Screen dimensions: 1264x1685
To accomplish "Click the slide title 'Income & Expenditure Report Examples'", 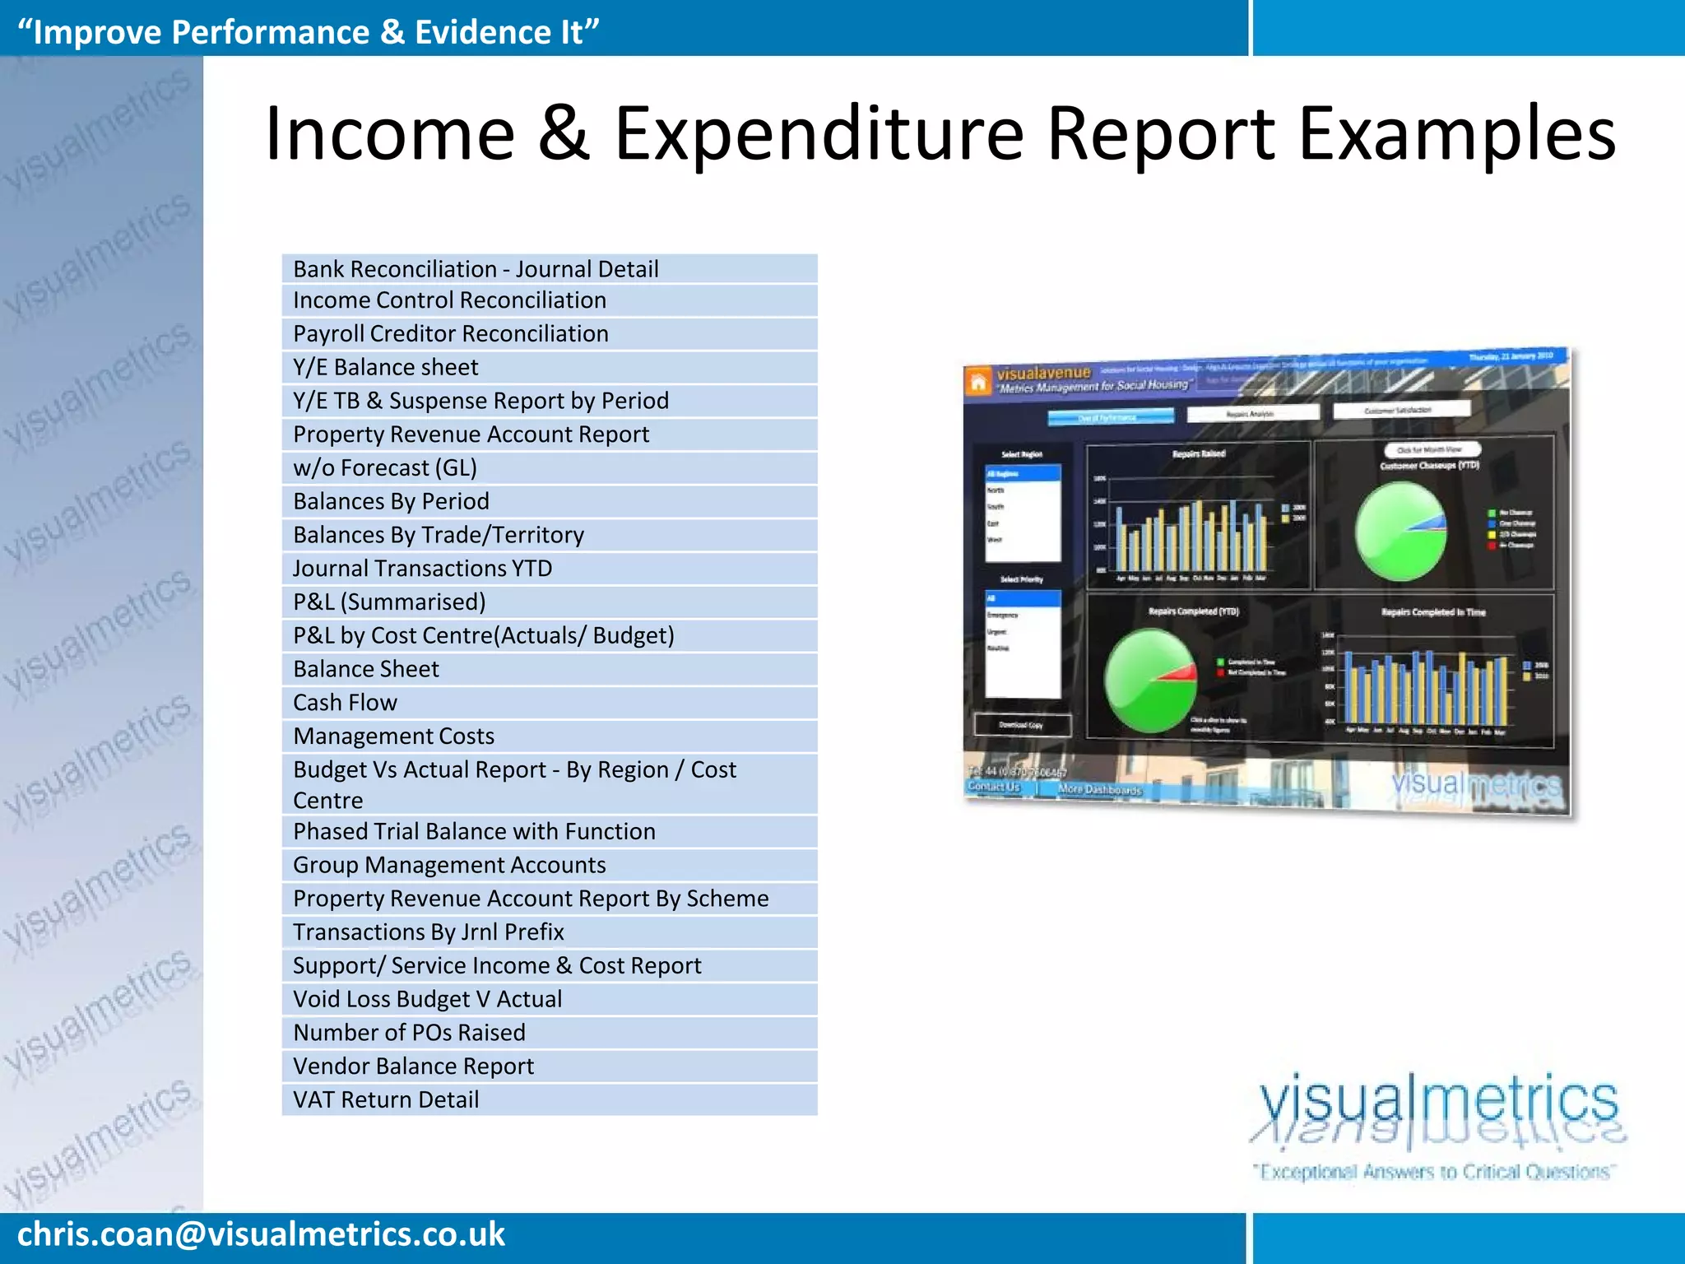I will point(940,133).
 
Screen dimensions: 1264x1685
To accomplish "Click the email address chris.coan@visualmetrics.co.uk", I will point(261,1234).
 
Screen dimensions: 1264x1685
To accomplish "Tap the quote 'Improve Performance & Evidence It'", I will point(308,32).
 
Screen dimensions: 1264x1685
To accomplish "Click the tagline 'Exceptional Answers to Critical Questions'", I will point(1434,1172).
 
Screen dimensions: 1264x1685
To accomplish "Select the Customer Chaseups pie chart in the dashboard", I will point(1400,531).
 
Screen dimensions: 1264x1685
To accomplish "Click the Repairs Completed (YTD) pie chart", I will point(1150,680).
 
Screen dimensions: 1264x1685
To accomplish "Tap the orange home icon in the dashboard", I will point(977,382).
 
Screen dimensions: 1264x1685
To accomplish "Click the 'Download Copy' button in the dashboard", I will point(1022,725).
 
